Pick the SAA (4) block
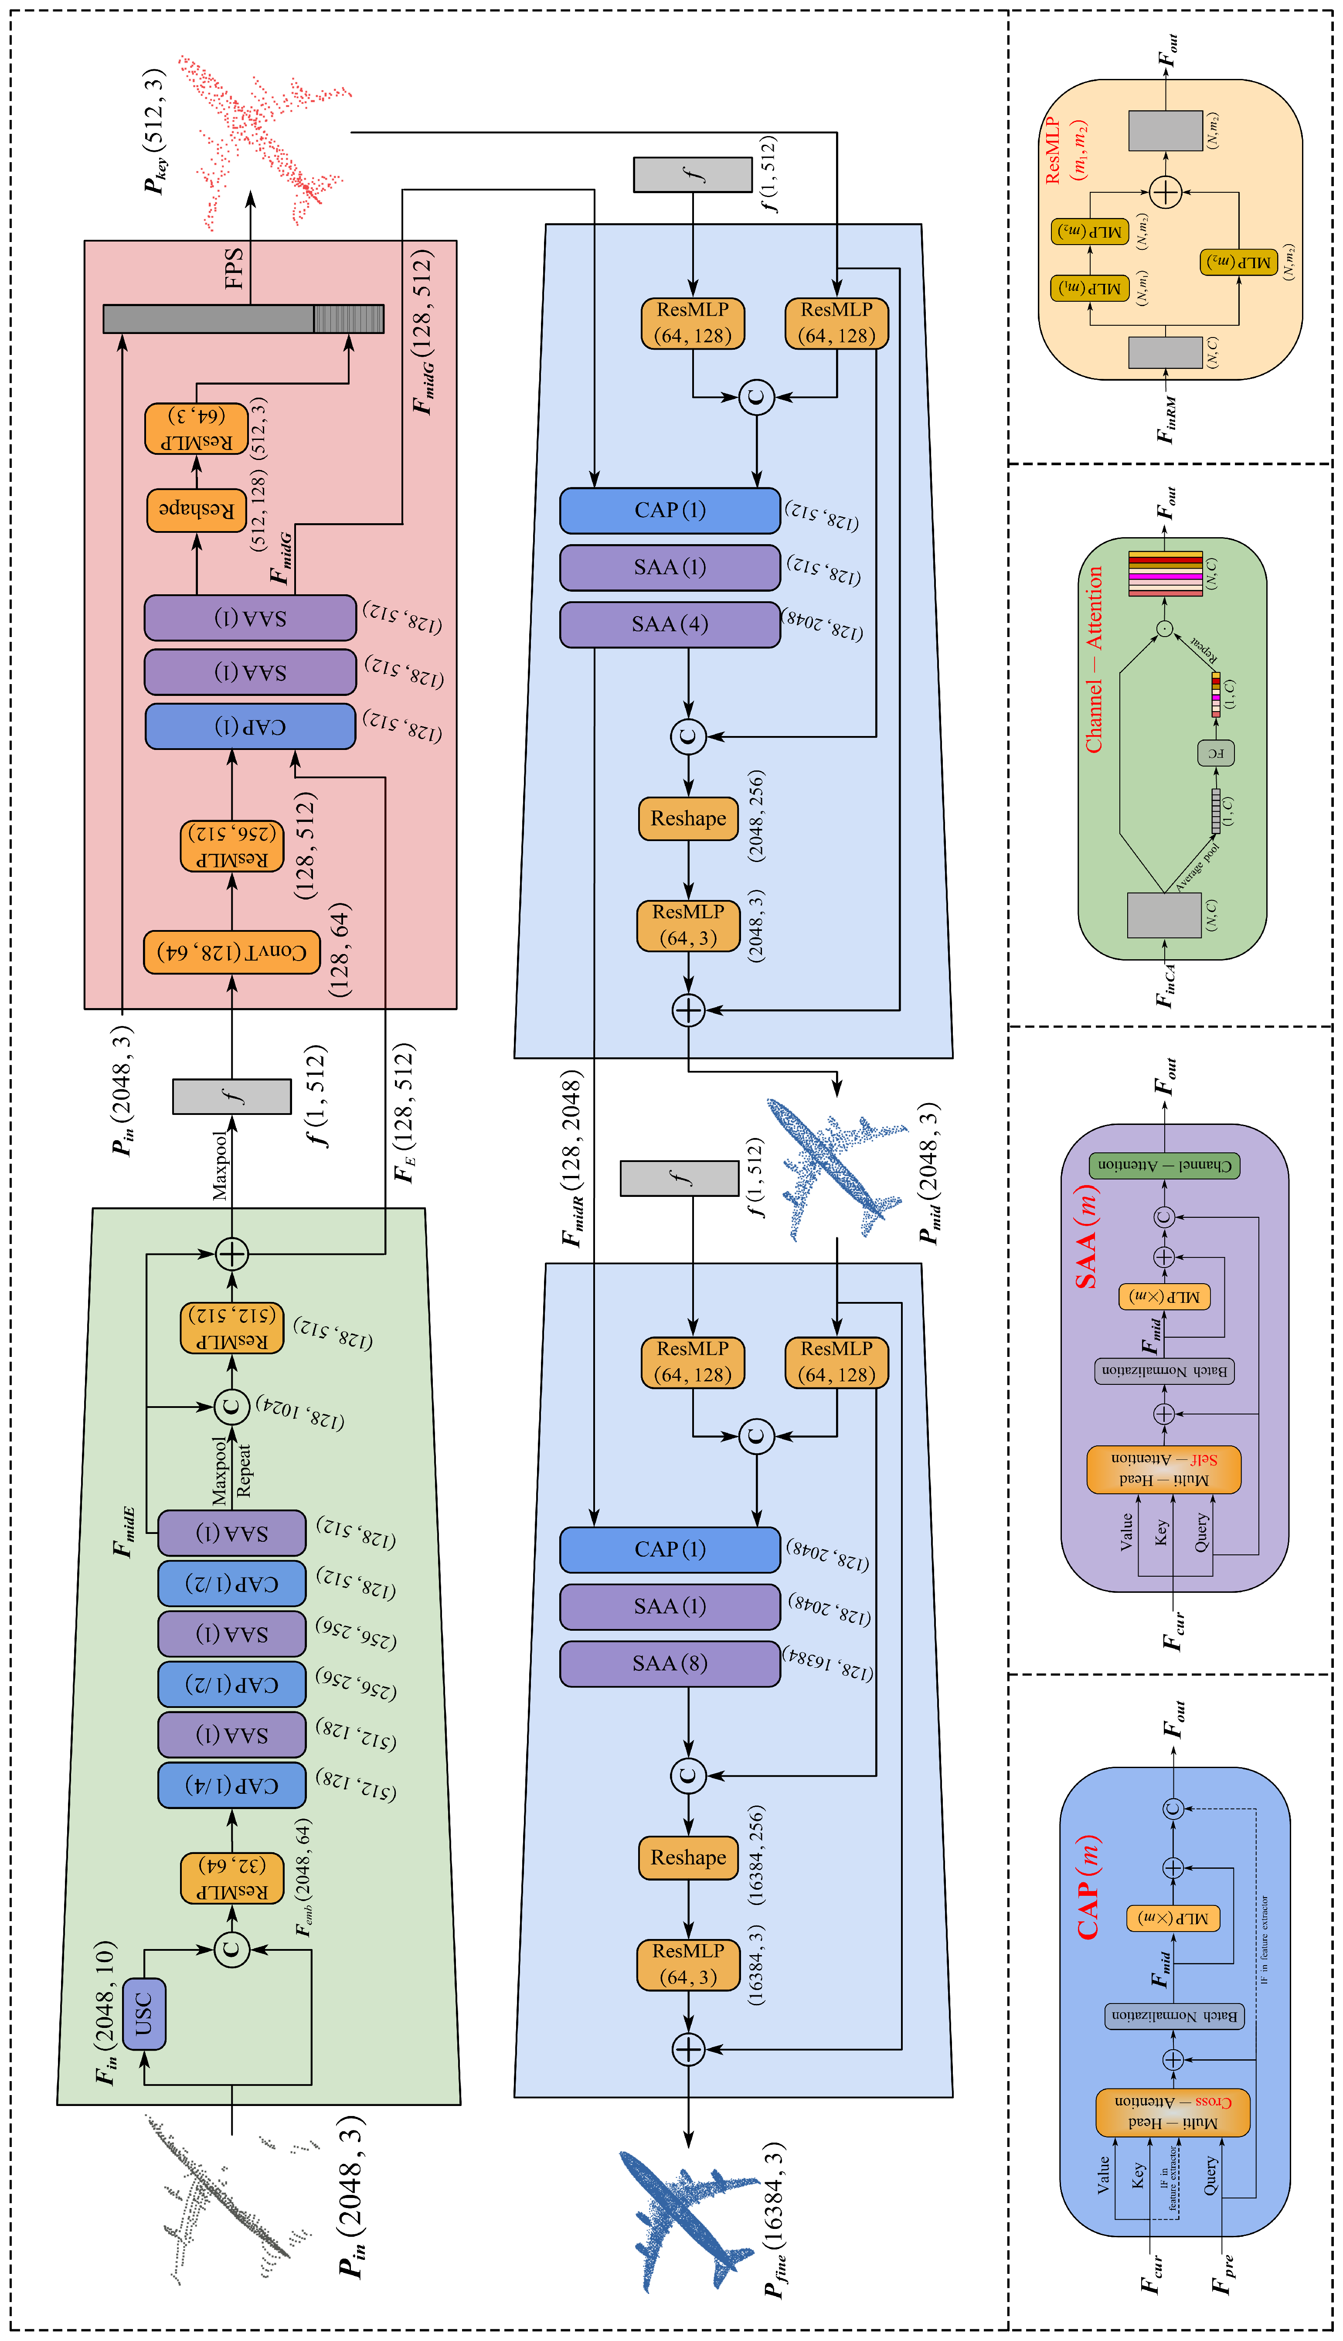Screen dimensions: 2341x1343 click(x=670, y=624)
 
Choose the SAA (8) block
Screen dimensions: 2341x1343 click(x=670, y=1663)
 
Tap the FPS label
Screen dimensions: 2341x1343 click(x=234, y=267)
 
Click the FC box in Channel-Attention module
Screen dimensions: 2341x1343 click(x=1216, y=753)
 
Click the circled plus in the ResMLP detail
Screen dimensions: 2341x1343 click(x=1166, y=192)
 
